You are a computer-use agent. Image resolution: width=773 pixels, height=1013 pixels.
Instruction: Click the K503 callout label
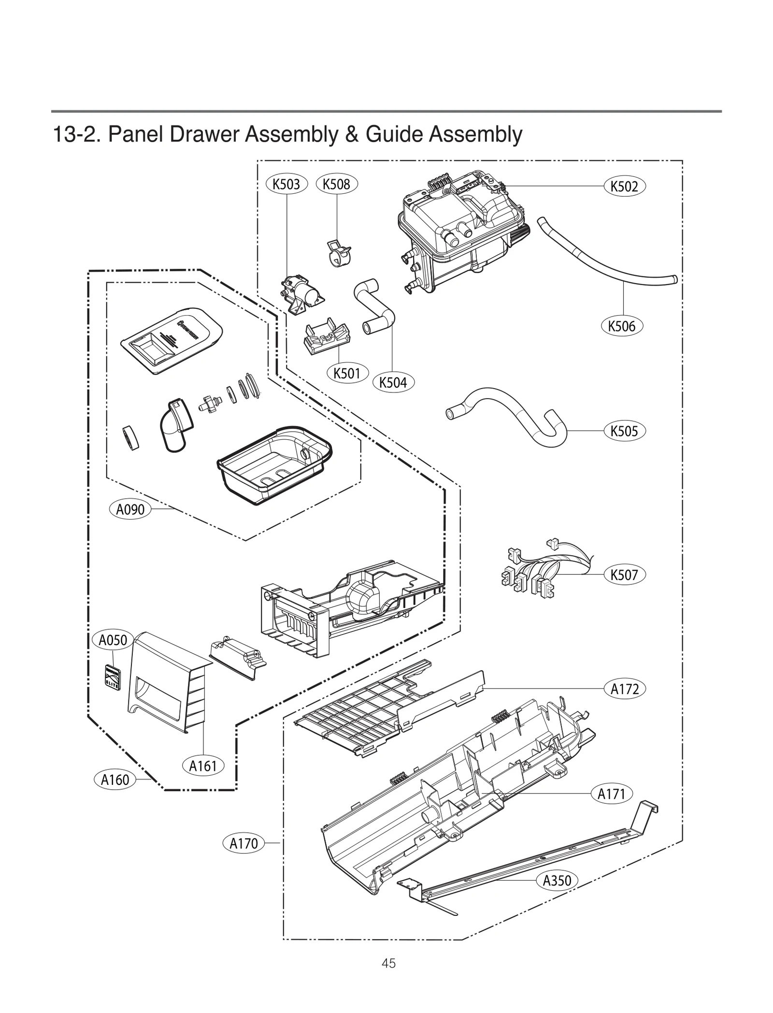click(286, 184)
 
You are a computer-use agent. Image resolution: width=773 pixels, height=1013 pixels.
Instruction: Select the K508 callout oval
click(336, 184)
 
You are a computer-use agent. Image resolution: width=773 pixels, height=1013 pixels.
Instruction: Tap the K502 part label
click(624, 186)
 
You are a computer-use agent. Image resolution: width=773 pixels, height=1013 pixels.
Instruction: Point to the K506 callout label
click(622, 326)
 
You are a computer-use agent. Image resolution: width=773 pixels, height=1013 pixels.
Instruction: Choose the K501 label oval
click(347, 373)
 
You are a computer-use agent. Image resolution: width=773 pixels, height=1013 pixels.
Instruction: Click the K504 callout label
click(393, 382)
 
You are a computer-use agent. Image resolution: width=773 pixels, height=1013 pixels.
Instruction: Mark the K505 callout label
click(624, 431)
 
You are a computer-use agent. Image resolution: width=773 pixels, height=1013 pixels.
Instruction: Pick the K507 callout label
click(624, 575)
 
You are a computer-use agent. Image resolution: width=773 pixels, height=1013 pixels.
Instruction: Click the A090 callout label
click(130, 509)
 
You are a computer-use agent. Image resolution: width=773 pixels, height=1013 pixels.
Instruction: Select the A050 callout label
click(113, 640)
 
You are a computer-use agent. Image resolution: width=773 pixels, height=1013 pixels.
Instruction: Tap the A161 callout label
click(203, 766)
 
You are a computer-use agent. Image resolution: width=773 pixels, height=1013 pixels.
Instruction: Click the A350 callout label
click(557, 880)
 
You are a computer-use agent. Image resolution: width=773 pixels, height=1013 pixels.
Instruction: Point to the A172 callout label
click(625, 689)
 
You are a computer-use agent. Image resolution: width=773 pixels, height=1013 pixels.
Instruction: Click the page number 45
click(388, 977)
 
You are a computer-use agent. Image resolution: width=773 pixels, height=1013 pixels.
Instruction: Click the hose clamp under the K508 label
click(338, 252)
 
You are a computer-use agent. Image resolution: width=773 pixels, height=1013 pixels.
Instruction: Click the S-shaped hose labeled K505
click(507, 411)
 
